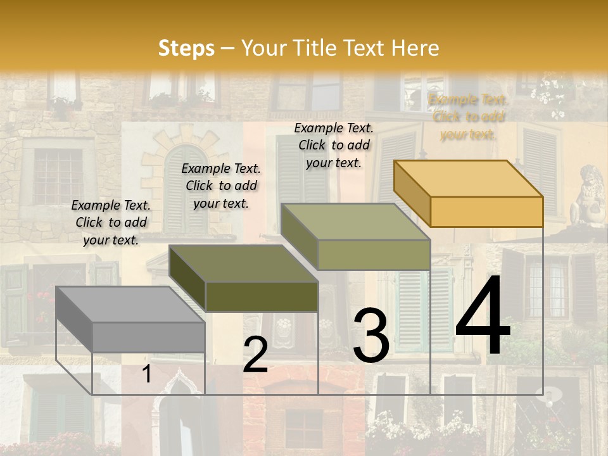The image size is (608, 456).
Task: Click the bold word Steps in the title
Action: coord(186,48)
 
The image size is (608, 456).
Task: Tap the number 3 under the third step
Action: coord(370,336)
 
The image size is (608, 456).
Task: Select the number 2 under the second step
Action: coord(255,355)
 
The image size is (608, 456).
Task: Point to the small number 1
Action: coord(146,374)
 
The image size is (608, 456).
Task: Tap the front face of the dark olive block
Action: coord(262,296)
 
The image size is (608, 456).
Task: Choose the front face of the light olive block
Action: coord(374,255)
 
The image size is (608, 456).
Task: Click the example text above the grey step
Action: coord(111,222)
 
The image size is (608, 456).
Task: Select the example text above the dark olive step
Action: coord(221,186)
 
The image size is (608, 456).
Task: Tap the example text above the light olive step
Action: coord(334,145)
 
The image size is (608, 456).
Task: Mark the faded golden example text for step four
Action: coord(468,117)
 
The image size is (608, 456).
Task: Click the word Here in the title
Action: coord(415,48)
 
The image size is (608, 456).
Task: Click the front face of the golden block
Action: coord(486,212)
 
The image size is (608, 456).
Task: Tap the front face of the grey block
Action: coord(149,337)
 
